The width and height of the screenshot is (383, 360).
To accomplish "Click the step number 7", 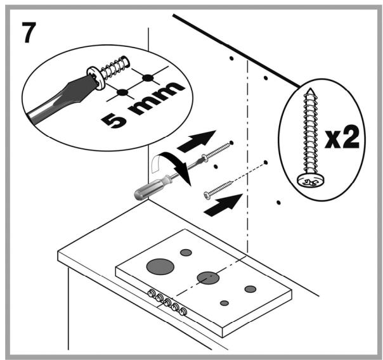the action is (29, 32).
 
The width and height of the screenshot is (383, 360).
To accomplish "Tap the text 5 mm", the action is (143, 105).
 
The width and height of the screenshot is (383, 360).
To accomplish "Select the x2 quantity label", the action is (342, 137).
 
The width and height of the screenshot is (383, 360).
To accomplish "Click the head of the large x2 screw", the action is (311, 181).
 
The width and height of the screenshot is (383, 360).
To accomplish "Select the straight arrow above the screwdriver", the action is (197, 141).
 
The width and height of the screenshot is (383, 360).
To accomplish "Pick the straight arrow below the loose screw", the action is (223, 205).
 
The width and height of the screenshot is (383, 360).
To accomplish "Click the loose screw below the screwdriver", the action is (218, 190).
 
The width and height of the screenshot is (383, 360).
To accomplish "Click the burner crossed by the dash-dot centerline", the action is (208, 278).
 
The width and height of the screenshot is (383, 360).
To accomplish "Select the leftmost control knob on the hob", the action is (152, 293).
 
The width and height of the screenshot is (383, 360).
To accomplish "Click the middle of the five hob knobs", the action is (167, 302).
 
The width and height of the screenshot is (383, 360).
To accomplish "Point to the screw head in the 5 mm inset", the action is (96, 77).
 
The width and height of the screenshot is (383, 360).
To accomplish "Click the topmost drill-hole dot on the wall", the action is (231, 58).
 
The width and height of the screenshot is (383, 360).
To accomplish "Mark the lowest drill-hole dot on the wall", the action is (278, 202).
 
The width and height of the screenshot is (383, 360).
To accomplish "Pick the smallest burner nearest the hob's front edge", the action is (224, 303).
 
